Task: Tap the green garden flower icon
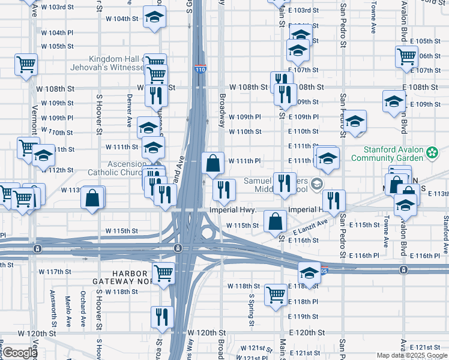pos(432,153)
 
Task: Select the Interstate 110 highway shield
pos(200,68)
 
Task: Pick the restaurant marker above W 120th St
pos(162,317)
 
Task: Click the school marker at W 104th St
pos(155,19)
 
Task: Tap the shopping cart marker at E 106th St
pos(406,57)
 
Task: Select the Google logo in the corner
pos(20,353)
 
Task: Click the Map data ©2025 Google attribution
pos(412,355)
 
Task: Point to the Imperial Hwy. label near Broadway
pos(233,211)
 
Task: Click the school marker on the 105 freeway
pos(309,273)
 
